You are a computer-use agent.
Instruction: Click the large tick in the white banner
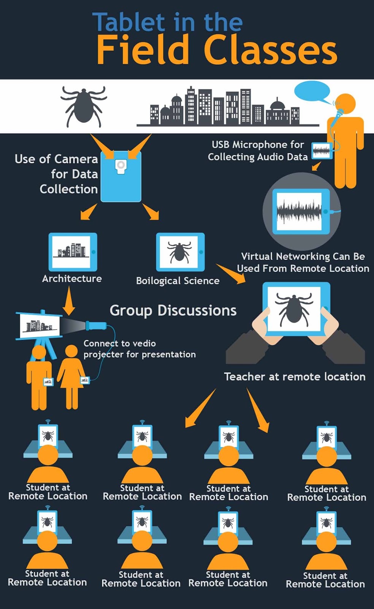coord(84,105)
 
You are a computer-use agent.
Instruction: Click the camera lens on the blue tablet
coord(121,165)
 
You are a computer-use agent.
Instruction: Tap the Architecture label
coord(72,279)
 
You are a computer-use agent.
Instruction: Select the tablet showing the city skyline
coord(72,252)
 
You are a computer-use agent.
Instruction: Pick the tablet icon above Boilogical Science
coord(180,252)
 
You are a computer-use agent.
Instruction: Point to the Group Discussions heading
coord(173,311)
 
